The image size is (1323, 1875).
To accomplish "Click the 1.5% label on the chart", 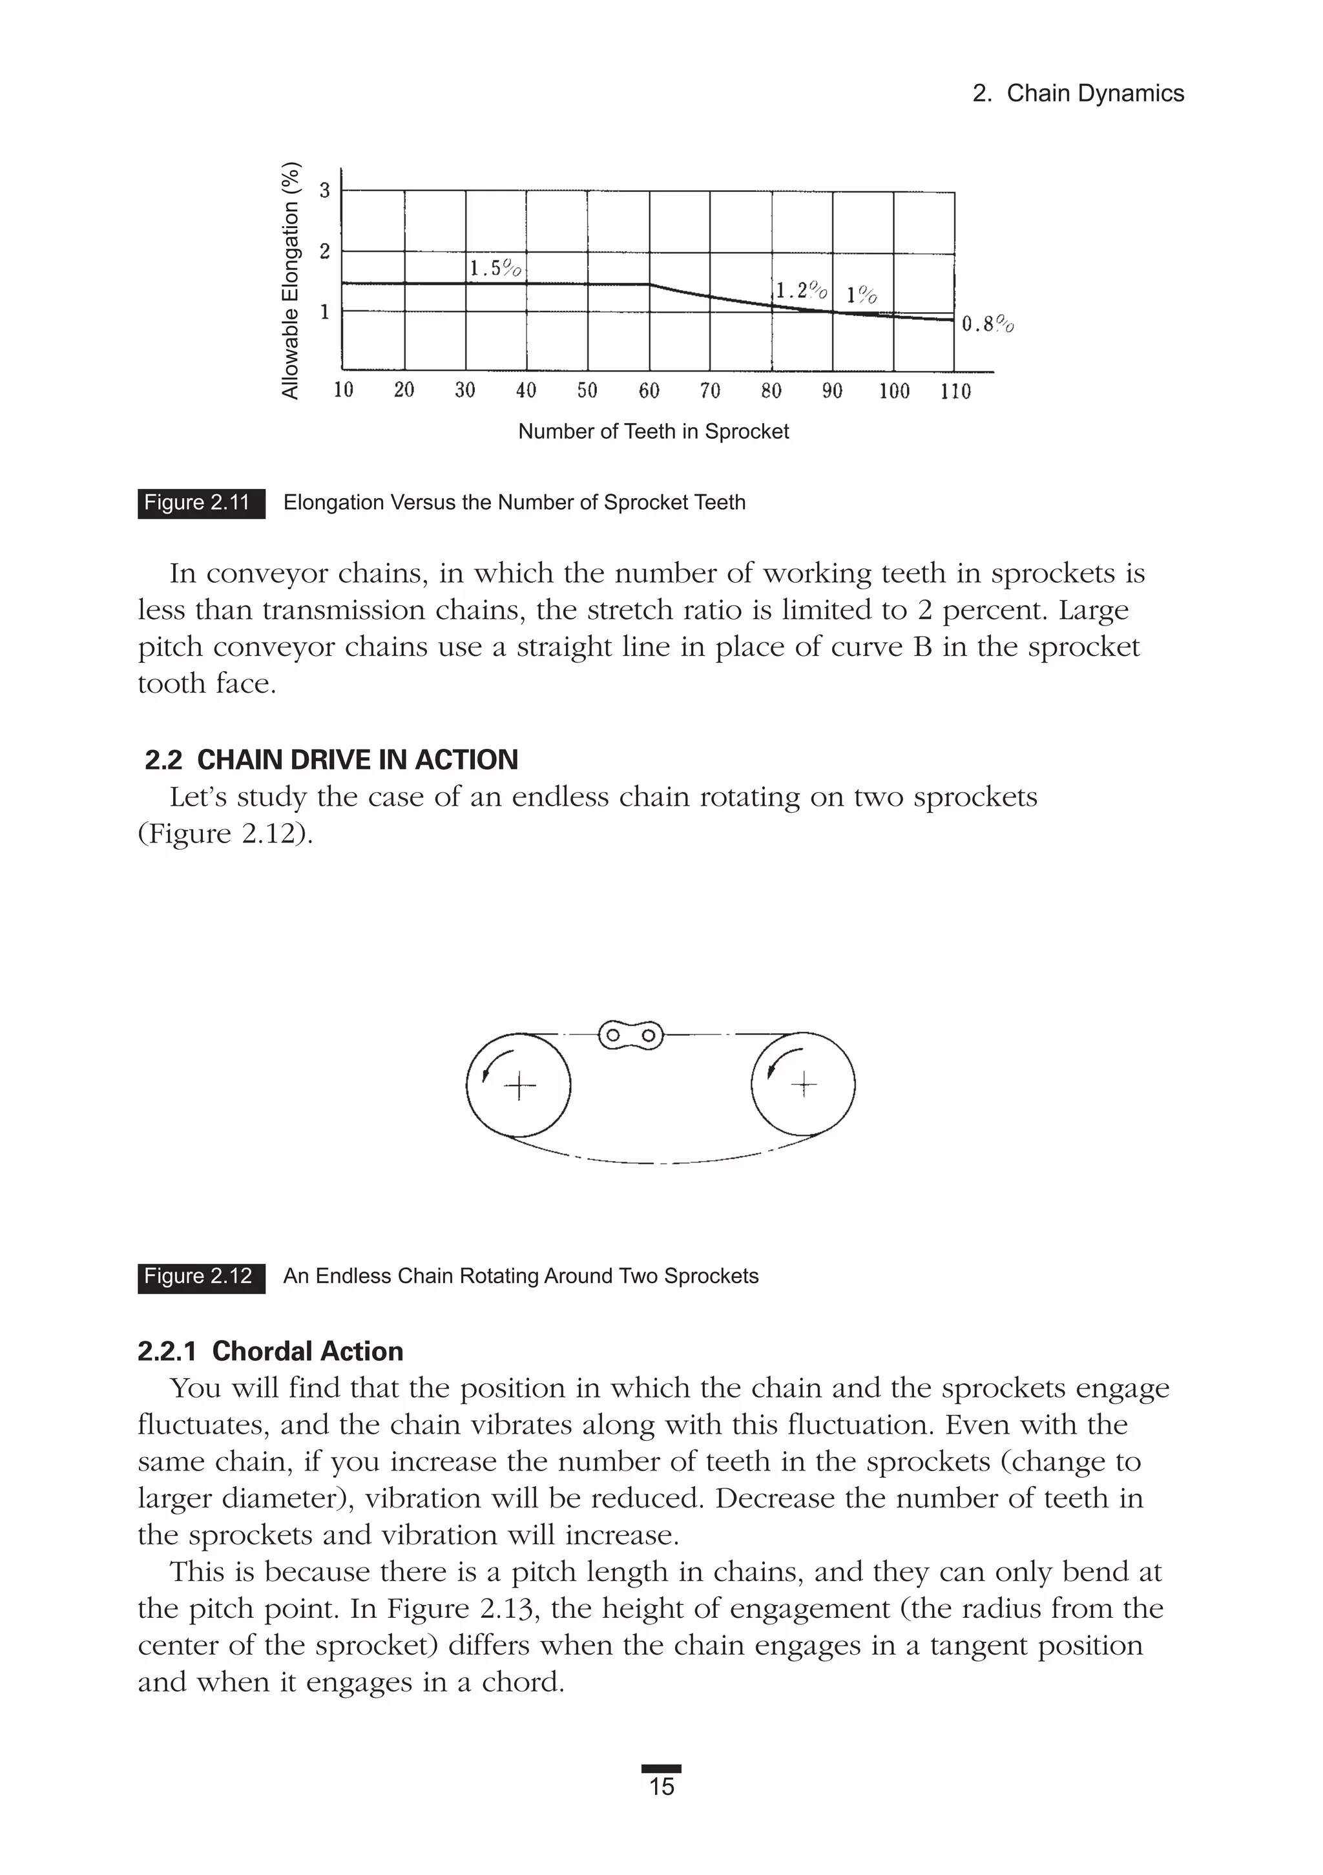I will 495,268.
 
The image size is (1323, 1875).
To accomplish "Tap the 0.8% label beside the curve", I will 987,324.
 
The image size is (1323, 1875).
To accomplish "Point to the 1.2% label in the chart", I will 801,290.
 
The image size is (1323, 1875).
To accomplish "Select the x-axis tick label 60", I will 649,390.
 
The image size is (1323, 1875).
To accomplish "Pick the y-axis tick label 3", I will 324,191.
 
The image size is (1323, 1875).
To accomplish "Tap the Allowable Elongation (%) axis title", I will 290,281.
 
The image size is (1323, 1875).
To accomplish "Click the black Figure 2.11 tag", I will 201,503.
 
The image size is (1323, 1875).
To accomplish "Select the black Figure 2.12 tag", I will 201,1277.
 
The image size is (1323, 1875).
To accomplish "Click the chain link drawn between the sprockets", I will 630,1036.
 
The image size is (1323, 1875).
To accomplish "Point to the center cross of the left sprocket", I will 519,1086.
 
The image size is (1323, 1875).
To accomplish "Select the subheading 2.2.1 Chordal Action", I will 270,1351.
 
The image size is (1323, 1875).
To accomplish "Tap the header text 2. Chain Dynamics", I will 1078,93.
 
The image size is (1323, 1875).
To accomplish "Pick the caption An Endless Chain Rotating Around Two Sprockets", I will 520,1277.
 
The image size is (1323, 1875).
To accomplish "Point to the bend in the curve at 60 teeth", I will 650,284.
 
